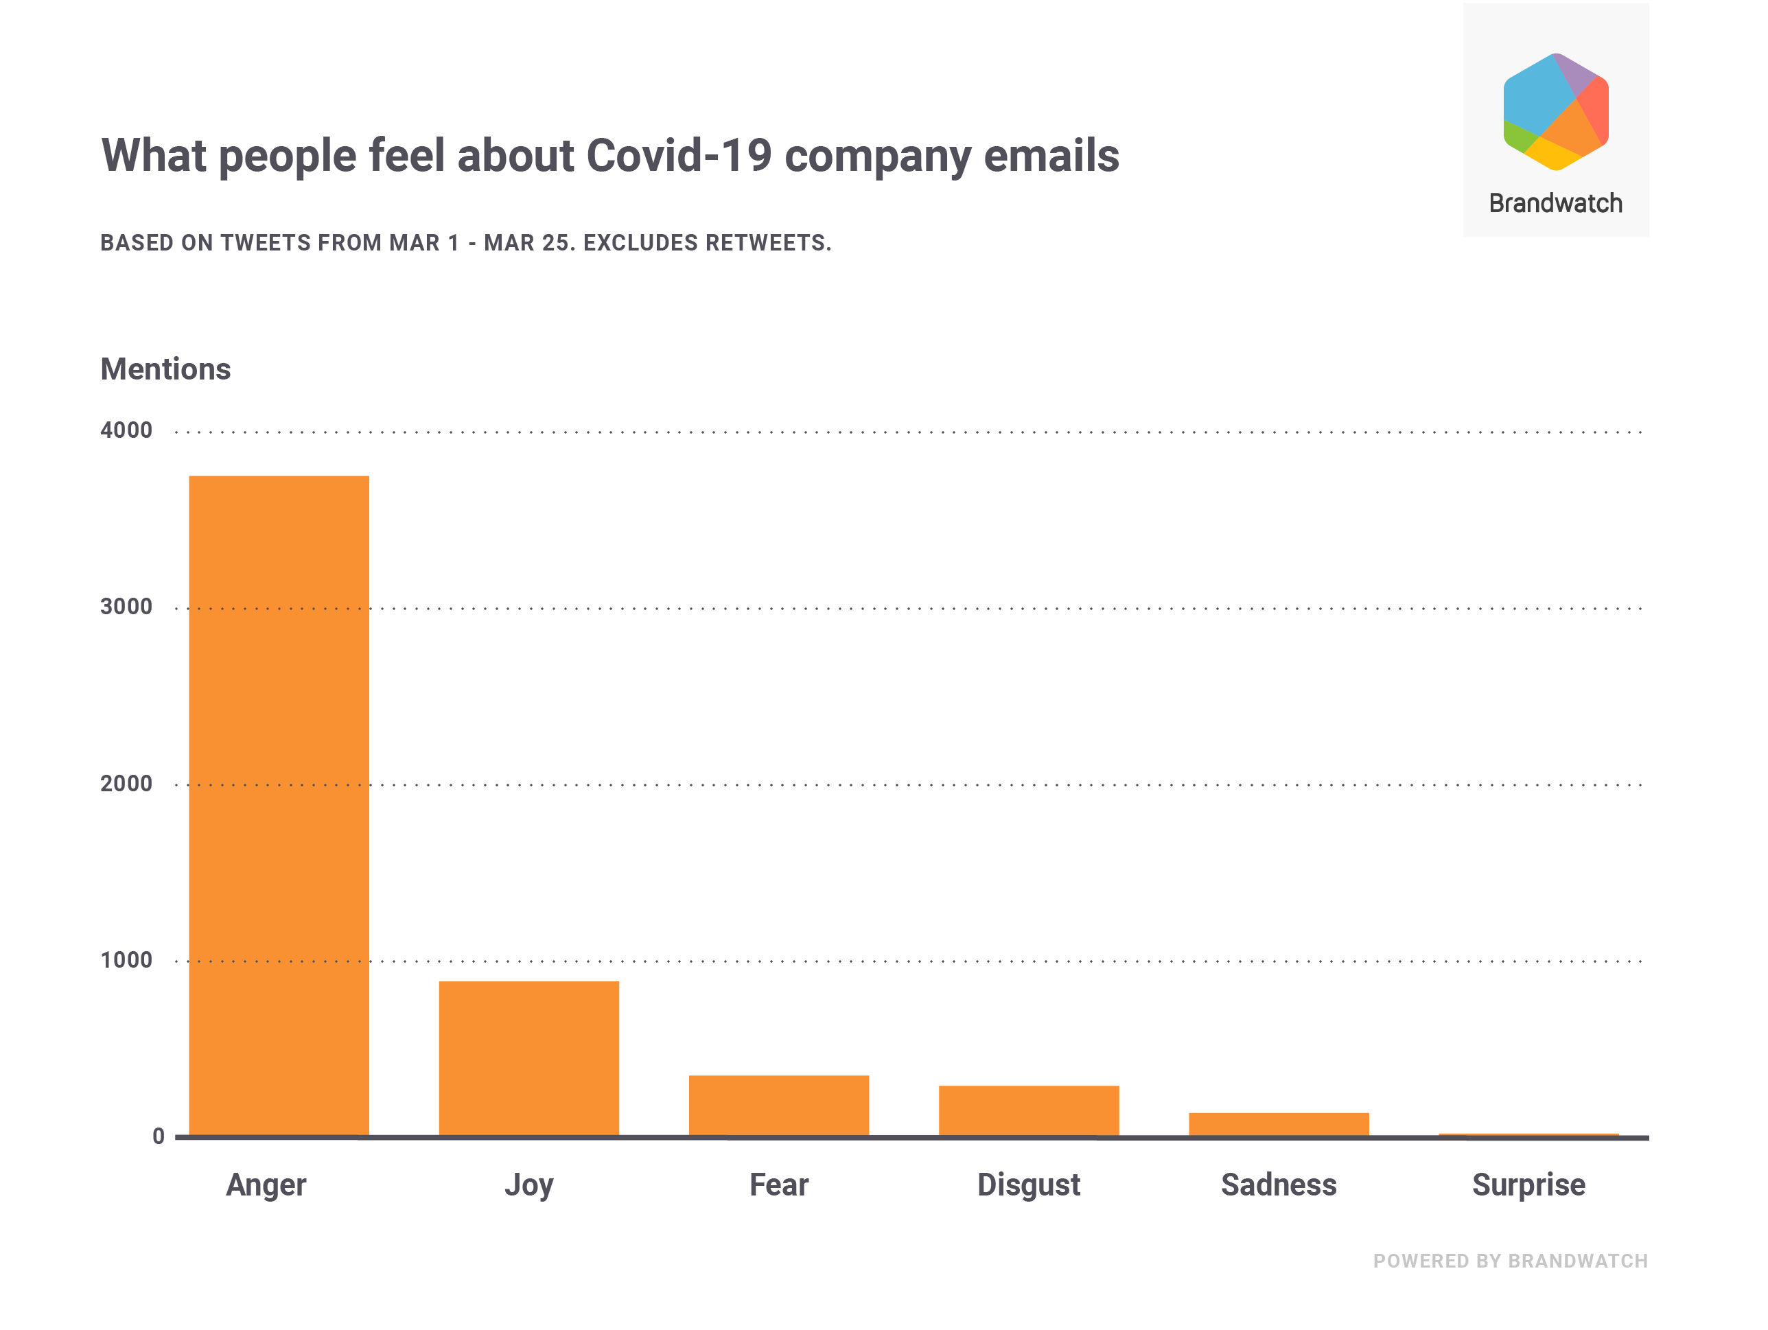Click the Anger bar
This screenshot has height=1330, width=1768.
(x=279, y=806)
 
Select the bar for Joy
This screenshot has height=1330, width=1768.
(x=528, y=1058)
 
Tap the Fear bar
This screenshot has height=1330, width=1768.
(x=778, y=1106)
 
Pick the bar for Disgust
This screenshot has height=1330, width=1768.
(x=1029, y=1110)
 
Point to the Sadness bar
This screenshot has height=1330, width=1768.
(x=1279, y=1124)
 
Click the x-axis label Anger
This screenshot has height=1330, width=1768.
(x=266, y=1185)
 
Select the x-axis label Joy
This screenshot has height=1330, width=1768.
(x=528, y=1185)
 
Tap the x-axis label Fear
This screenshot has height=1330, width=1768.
(x=778, y=1185)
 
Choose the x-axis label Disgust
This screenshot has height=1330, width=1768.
(x=1029, y=1185)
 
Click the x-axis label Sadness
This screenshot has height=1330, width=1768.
(x=1279, y=1185)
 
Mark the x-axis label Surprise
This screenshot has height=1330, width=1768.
(x=1528, y=1185)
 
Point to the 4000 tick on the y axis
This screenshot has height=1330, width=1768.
(x=126, y=431)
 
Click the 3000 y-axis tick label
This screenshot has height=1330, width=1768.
(x=126, y=607)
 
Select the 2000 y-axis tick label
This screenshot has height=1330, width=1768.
(x=126, y=784)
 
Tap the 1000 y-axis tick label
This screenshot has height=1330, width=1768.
(x=126, y=961)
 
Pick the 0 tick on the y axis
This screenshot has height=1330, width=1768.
(x=159, y=1136)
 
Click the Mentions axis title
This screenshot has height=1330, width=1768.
(x=165, y=369)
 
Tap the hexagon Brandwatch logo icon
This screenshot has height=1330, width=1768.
(x=1555, y=112)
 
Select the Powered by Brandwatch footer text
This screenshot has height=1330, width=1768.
(x=1511, y=1261)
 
